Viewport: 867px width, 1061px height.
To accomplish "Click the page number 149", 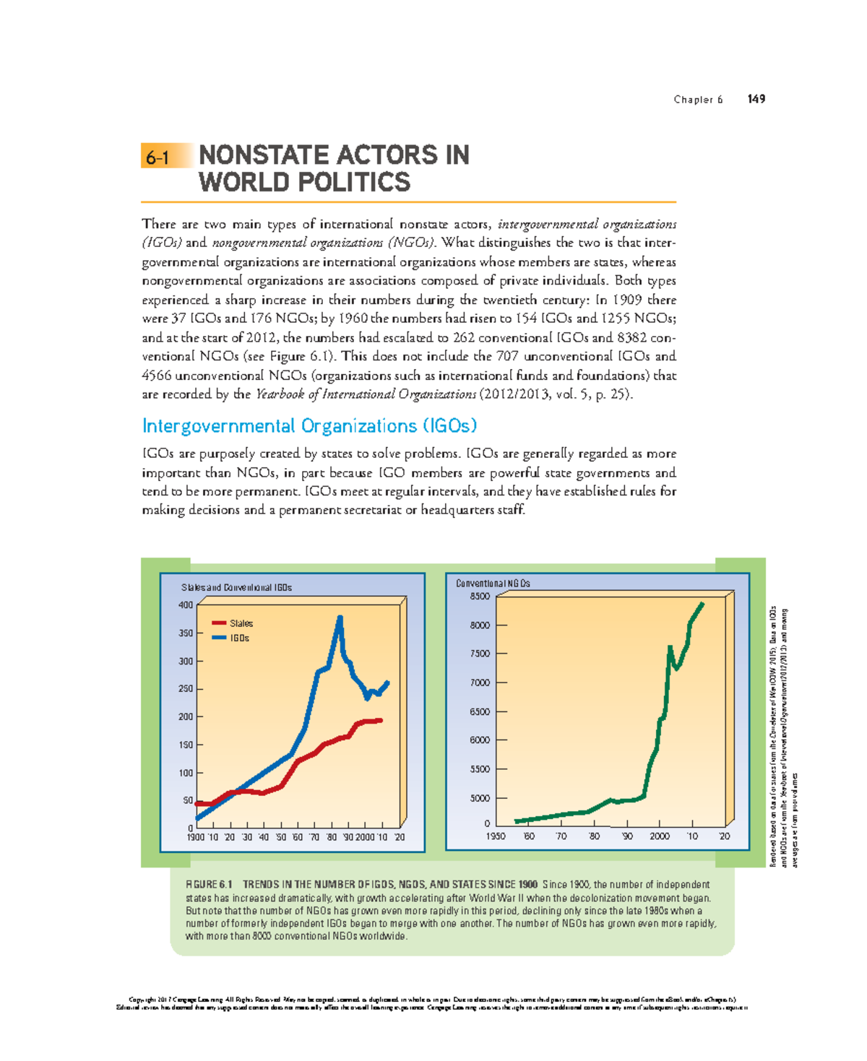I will pyautogui.click(x=756, y=99).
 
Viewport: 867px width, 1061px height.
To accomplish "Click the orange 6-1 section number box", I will pyautogui.click(x=166, y=156).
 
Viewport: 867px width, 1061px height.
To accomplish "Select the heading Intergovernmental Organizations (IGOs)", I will pyautogui.click(x=309, y=426).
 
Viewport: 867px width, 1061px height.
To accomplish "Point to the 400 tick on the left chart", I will pyautogui.click(x=186, y=605).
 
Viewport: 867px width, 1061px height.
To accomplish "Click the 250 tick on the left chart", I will pyautogui.click(x=186, y=689).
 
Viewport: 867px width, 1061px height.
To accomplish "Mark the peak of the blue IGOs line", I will pyautogui.click(x=340, y=618).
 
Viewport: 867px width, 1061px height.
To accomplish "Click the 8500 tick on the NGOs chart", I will pyautogui.click(x=480, y=597).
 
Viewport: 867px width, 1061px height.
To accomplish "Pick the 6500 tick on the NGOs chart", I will pyautogui.click(x=480, y=711).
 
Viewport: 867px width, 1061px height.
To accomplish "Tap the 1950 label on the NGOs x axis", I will pyautogui.click(x=496, y=836).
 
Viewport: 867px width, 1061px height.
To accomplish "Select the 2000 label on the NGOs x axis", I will pyautogui.click(x=660, y=836).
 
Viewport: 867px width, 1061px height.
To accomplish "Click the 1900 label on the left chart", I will pyautogui.click(x=196, y=837).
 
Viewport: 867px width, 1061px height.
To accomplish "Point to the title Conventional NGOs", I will pyautogui.click(x=493, y=584).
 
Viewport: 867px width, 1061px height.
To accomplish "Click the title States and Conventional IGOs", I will pyautogui.click(x=236, y=588).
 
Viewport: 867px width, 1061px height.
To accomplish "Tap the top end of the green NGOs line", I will pyautogui.click(x=702, y=604).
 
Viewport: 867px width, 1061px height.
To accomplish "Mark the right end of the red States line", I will pyautogui.click(x=381, y=720).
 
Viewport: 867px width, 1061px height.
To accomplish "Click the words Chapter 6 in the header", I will pyautogui.click(x=698, y=100).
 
